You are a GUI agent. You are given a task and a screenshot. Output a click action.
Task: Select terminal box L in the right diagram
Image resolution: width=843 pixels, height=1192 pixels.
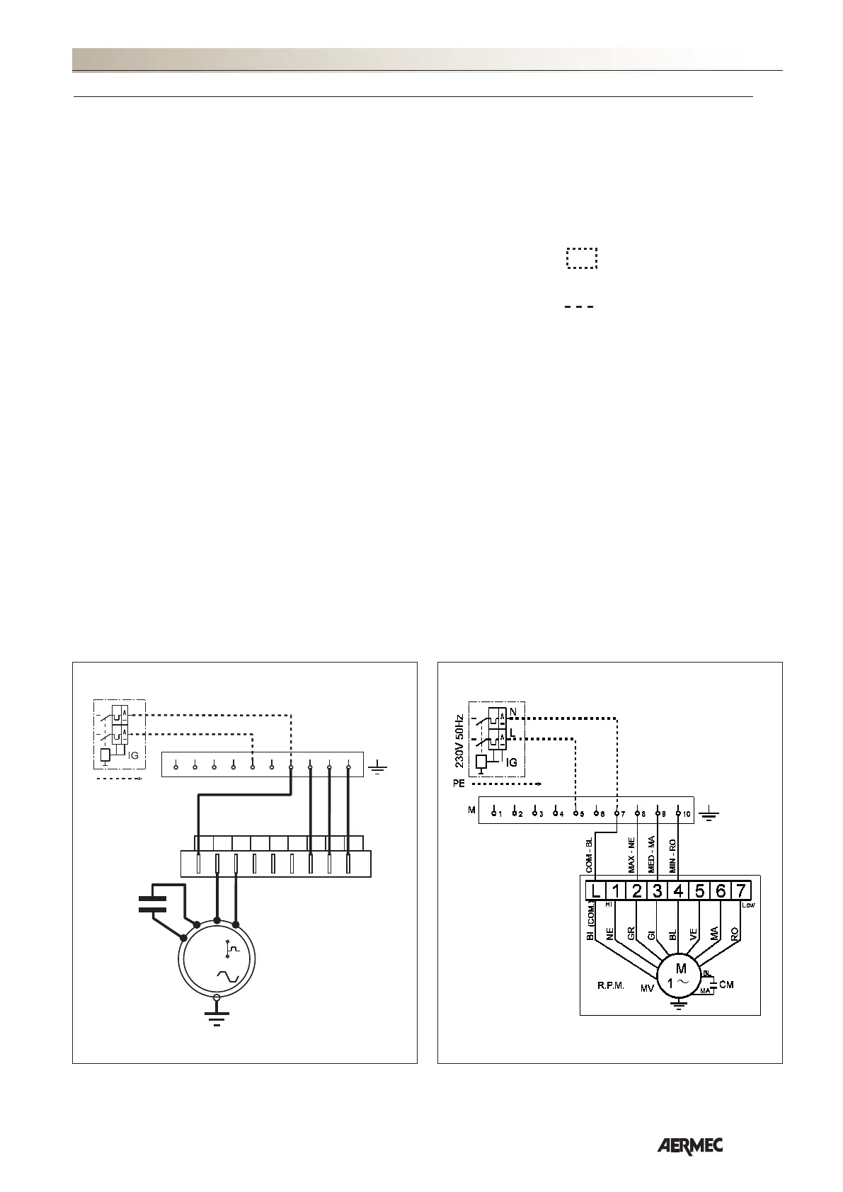(x=595, y=890)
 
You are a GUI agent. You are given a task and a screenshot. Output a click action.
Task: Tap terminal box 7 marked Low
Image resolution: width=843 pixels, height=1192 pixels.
(x=741, y=890)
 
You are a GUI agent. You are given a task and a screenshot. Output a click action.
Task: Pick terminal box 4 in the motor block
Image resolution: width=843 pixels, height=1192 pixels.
(x=678, y=890)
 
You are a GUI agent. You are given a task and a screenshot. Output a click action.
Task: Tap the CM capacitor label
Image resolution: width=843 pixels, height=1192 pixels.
(x=726, y=985)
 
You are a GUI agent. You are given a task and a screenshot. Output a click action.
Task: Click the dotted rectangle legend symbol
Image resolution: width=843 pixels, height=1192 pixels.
(x=581, y=258)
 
